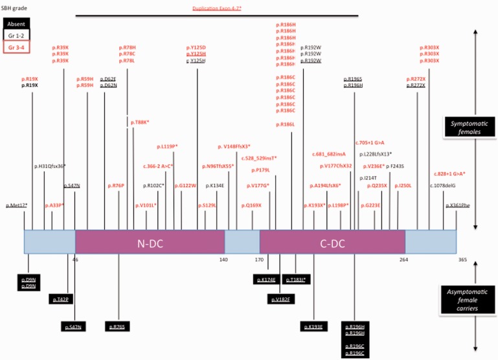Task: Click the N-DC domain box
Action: pyautogui.click(x=150, y=243)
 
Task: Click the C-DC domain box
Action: pyautogui.click(x=332, y=243)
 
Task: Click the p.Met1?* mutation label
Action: pyautogui.click(x=16, y=205)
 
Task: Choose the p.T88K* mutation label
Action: pyautogui.click(x=140, y=122)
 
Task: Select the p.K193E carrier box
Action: pyautogui.click(x=314, y=326)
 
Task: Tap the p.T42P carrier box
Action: pyautogui.click(x=62, y=299)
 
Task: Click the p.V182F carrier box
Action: pyautogui.click(x=280, y=299)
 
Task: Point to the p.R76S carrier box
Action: pyautogui.click(x=118, y=326)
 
